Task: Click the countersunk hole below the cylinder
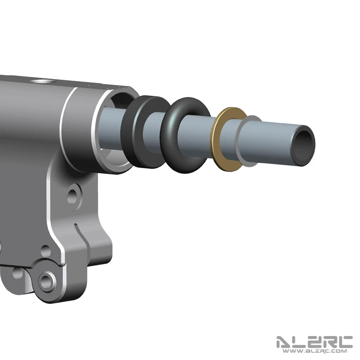pos(74,197)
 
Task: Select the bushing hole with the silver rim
pos(47,281)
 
